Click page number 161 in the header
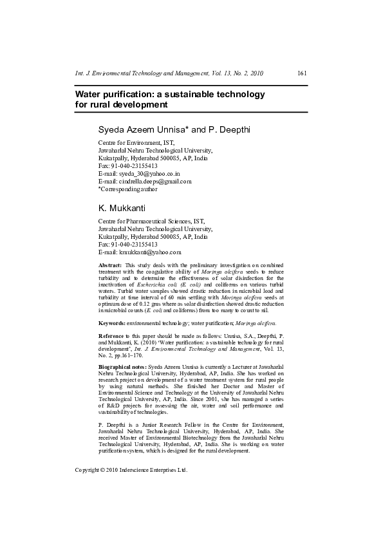(302, 74)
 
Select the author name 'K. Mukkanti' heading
(122, 209)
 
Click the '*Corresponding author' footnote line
(127, 189)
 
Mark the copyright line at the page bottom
(131, 470)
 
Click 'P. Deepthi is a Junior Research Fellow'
(154, 426)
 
